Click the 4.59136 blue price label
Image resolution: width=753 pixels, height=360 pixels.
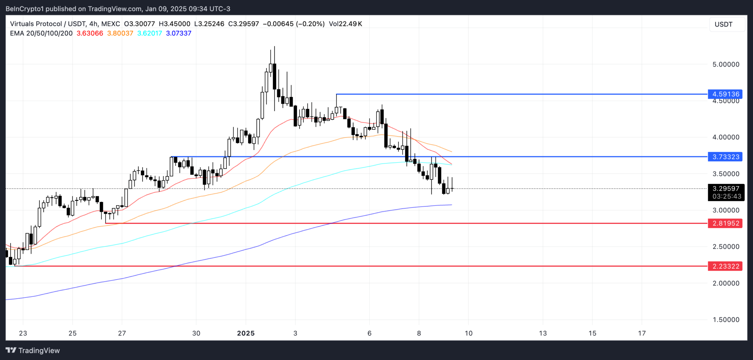pos(725,94)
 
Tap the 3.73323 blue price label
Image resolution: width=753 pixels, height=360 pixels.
pos(725,157)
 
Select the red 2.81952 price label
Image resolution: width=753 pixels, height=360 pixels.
pos(725,223)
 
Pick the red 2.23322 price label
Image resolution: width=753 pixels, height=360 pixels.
pos(725,266)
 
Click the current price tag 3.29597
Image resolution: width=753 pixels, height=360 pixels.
pos(726,189)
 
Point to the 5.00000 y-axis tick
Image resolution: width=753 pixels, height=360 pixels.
pos(726,64)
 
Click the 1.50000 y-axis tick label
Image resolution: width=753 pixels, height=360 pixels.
pos(726,320)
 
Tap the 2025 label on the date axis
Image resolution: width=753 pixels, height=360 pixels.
pos(246,333)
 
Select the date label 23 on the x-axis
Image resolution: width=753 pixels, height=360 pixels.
pos(23,333)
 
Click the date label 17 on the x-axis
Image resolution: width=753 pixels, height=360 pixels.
pos(642,333)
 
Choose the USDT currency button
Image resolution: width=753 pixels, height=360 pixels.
pos(723,25)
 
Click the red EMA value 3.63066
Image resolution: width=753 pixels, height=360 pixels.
pos(90,33)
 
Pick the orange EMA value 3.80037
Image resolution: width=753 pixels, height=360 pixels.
pos(120,33)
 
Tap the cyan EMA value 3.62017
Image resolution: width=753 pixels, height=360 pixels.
pos(149,33)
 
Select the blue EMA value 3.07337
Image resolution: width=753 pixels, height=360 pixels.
pos(179,33)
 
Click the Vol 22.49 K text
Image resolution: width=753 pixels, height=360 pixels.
pos(345,24)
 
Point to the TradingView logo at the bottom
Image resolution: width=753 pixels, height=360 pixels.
pos(33,350)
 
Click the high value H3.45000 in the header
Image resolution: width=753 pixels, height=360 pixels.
pos(174,24)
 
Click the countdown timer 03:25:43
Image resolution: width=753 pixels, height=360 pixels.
pos(727,196)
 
